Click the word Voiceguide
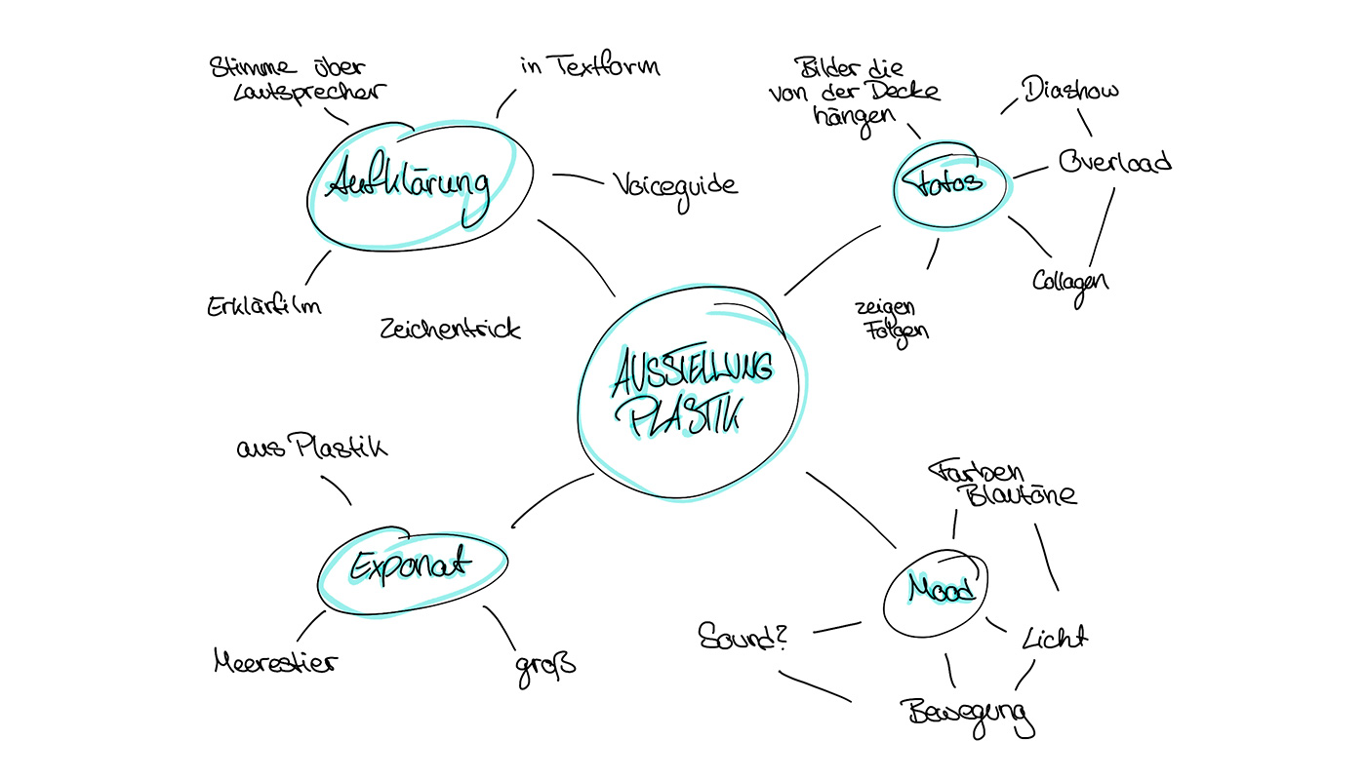point(675,185)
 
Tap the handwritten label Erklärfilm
point(263,305)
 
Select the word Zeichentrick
point(450,329)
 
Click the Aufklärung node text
point(408,183)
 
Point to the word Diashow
point(1070,92)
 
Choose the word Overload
point(1114,162)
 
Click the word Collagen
point(1070,282)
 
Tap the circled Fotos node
point(949,182)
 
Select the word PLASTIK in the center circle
point(685,417)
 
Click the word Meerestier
point(275,663)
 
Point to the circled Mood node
point(940,590)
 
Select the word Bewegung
point(965,714)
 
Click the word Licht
point(1054,638)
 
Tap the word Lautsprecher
point(297,93)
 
